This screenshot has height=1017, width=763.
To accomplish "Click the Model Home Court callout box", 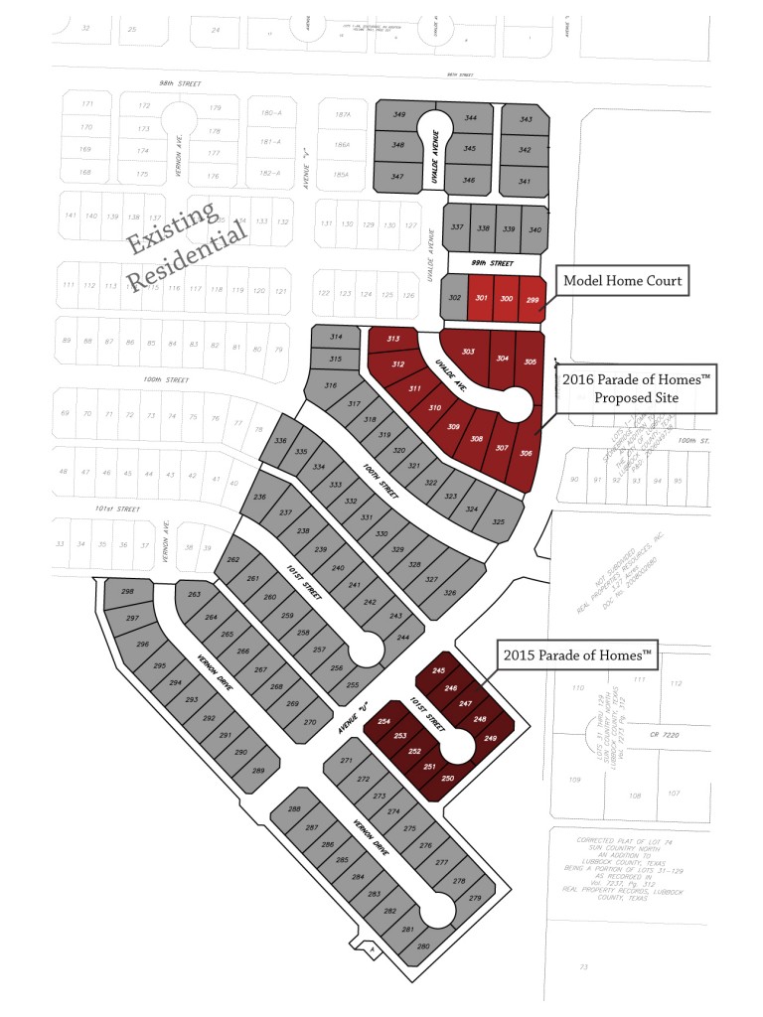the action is click(623, 281).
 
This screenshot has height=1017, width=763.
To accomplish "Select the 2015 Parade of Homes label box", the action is click(578, 654).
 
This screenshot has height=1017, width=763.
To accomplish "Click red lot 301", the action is click(481, 298).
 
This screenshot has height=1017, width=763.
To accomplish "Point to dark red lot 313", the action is click(393, 341).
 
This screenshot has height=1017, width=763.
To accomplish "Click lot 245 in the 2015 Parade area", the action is click(439, 672).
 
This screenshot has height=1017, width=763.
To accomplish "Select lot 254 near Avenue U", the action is click(384, 722).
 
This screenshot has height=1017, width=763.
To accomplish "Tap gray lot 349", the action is click(399, 116).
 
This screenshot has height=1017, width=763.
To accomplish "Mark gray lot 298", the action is click(127, 593).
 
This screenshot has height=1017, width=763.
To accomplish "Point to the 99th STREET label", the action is click(493, 264).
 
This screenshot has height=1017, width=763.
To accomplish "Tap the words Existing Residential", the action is click(187, 242).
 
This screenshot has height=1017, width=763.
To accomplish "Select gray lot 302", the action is click(455, 299).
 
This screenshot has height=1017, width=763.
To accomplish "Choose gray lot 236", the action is click(261, 497).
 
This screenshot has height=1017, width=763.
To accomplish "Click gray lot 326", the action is click(450, 593).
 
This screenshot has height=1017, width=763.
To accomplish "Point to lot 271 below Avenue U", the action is click(348, 762).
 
